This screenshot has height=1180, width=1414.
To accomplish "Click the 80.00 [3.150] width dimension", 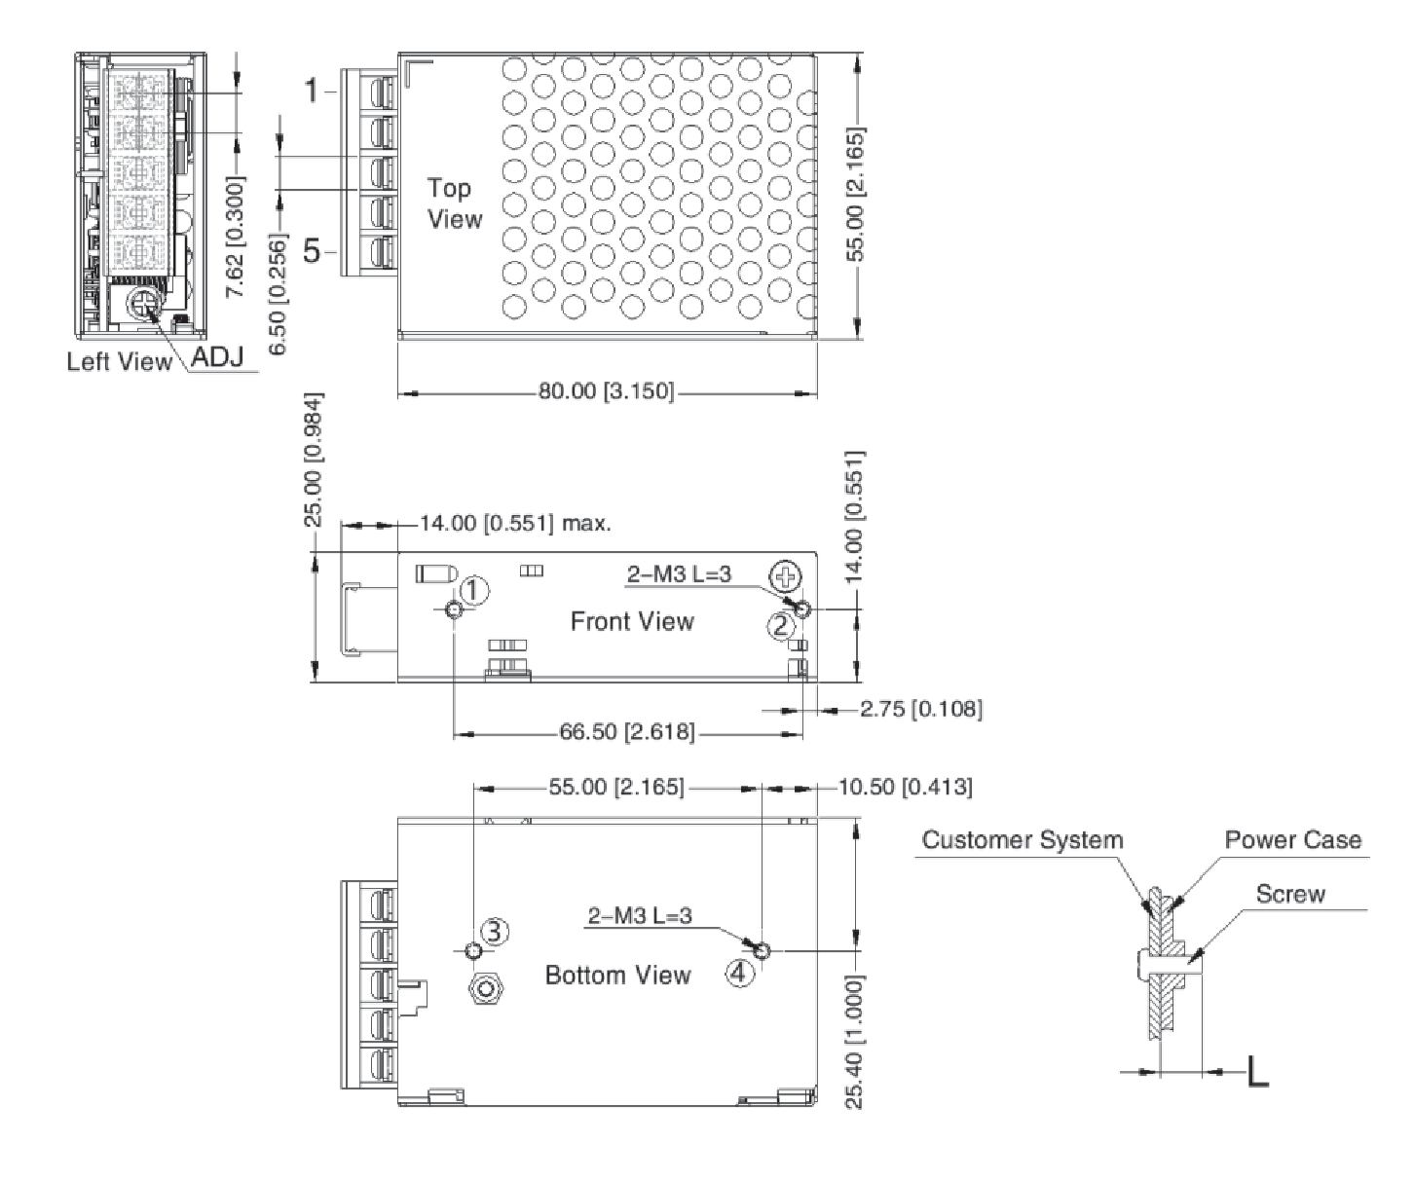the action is (606, 391).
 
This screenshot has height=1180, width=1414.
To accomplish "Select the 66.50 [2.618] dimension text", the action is (627, 732).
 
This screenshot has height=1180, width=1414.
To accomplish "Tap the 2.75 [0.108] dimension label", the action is (921, 709).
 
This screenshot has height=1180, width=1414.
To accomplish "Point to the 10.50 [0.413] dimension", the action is (906, 787).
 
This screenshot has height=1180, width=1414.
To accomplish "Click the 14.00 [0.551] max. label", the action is (515, 524).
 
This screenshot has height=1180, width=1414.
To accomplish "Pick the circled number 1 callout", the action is (474, 590).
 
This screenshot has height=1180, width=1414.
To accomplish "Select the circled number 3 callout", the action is (495, 932).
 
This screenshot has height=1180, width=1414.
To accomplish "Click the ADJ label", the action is (217, 356).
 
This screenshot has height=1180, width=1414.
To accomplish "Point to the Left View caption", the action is (119, 361).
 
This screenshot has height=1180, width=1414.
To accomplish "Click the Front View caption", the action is (632, 621).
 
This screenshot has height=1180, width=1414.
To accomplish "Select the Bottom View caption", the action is (617, 975).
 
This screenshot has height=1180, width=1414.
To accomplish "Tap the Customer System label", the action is (1023, 839).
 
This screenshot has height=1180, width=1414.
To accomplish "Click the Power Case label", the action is (1293, 839).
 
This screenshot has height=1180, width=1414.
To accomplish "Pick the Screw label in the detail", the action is (1290, 894).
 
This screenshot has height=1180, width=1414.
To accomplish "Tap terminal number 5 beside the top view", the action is (312, 250).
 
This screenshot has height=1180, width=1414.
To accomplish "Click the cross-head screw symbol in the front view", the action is (786, 577).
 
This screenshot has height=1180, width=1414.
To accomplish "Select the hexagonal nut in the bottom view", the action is (486, 989).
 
